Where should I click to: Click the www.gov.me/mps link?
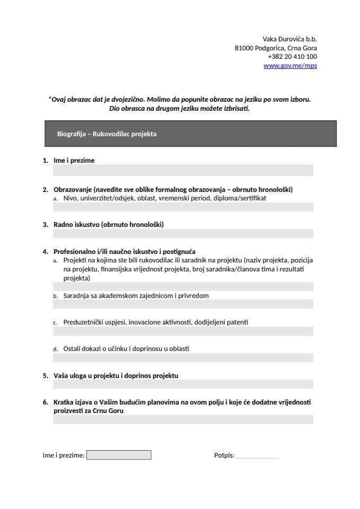290,66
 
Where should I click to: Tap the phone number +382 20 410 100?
292,57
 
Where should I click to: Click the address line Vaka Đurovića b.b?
289,39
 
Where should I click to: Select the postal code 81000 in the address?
244,48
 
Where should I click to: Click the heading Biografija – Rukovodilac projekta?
107,134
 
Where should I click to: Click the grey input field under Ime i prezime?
183,170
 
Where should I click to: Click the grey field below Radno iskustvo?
183,234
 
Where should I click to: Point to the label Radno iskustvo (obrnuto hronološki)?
108,225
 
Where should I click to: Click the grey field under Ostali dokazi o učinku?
183,358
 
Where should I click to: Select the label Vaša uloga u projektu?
116,375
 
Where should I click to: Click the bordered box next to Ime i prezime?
119,455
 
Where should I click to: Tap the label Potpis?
224,455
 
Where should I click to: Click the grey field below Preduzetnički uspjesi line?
183,331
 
